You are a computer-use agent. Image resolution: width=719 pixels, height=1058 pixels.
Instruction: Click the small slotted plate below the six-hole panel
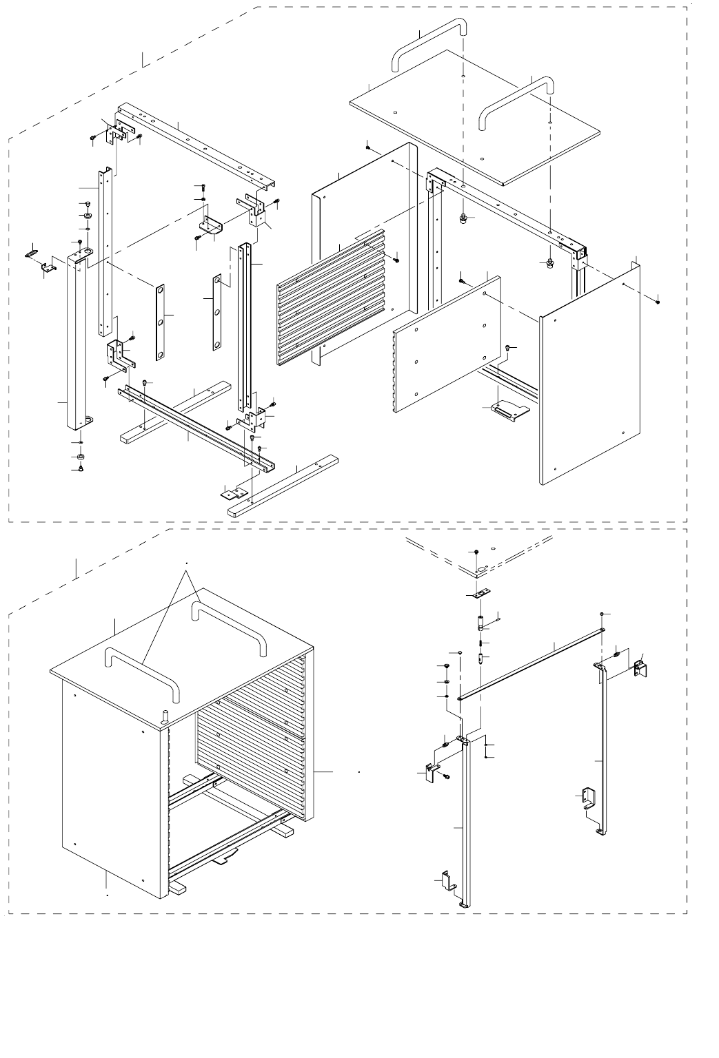coord(507,411)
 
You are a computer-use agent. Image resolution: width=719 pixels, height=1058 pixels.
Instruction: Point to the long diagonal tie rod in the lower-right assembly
coord(531,661)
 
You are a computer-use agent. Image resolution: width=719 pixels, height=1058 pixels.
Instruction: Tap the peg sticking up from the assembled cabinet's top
coord(165,716)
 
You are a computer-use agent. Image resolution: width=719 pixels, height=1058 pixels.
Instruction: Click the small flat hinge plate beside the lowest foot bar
coord(234,493)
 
